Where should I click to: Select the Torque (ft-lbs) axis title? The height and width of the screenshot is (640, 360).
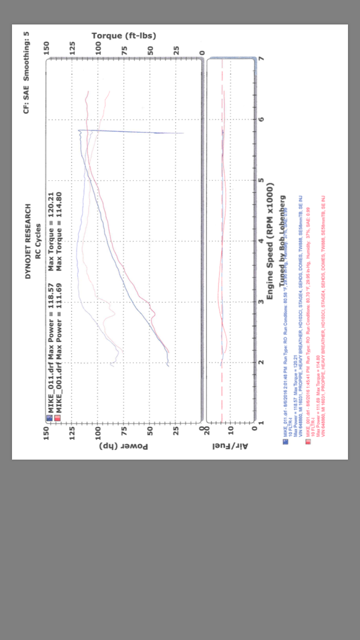click(124, 36)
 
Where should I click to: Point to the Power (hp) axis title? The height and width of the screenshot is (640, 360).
click(124, 446)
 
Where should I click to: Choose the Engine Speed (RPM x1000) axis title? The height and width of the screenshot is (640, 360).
click(270, 241)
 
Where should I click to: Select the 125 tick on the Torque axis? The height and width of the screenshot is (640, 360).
click(72, 48)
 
